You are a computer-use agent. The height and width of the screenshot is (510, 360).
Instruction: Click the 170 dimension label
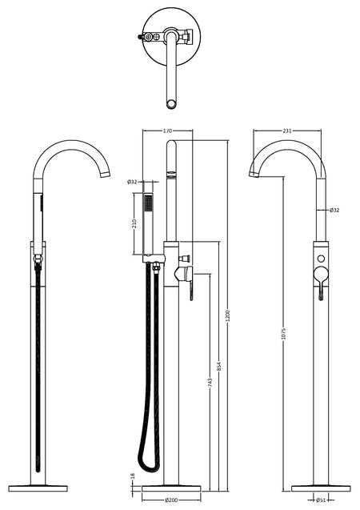coord(167,131)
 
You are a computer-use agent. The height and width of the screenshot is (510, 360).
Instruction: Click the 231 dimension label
coord(287,131)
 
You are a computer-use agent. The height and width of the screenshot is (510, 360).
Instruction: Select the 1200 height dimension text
coord(227,315)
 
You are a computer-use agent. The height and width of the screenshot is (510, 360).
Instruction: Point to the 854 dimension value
coord(219,367)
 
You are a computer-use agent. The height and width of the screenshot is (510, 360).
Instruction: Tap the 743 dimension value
coord(210,382)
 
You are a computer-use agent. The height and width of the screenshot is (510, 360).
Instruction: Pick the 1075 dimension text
coord(283,333)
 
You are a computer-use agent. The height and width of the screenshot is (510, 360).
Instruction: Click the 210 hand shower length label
coord(135,223)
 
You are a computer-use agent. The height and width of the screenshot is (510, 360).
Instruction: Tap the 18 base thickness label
coord(133,476)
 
